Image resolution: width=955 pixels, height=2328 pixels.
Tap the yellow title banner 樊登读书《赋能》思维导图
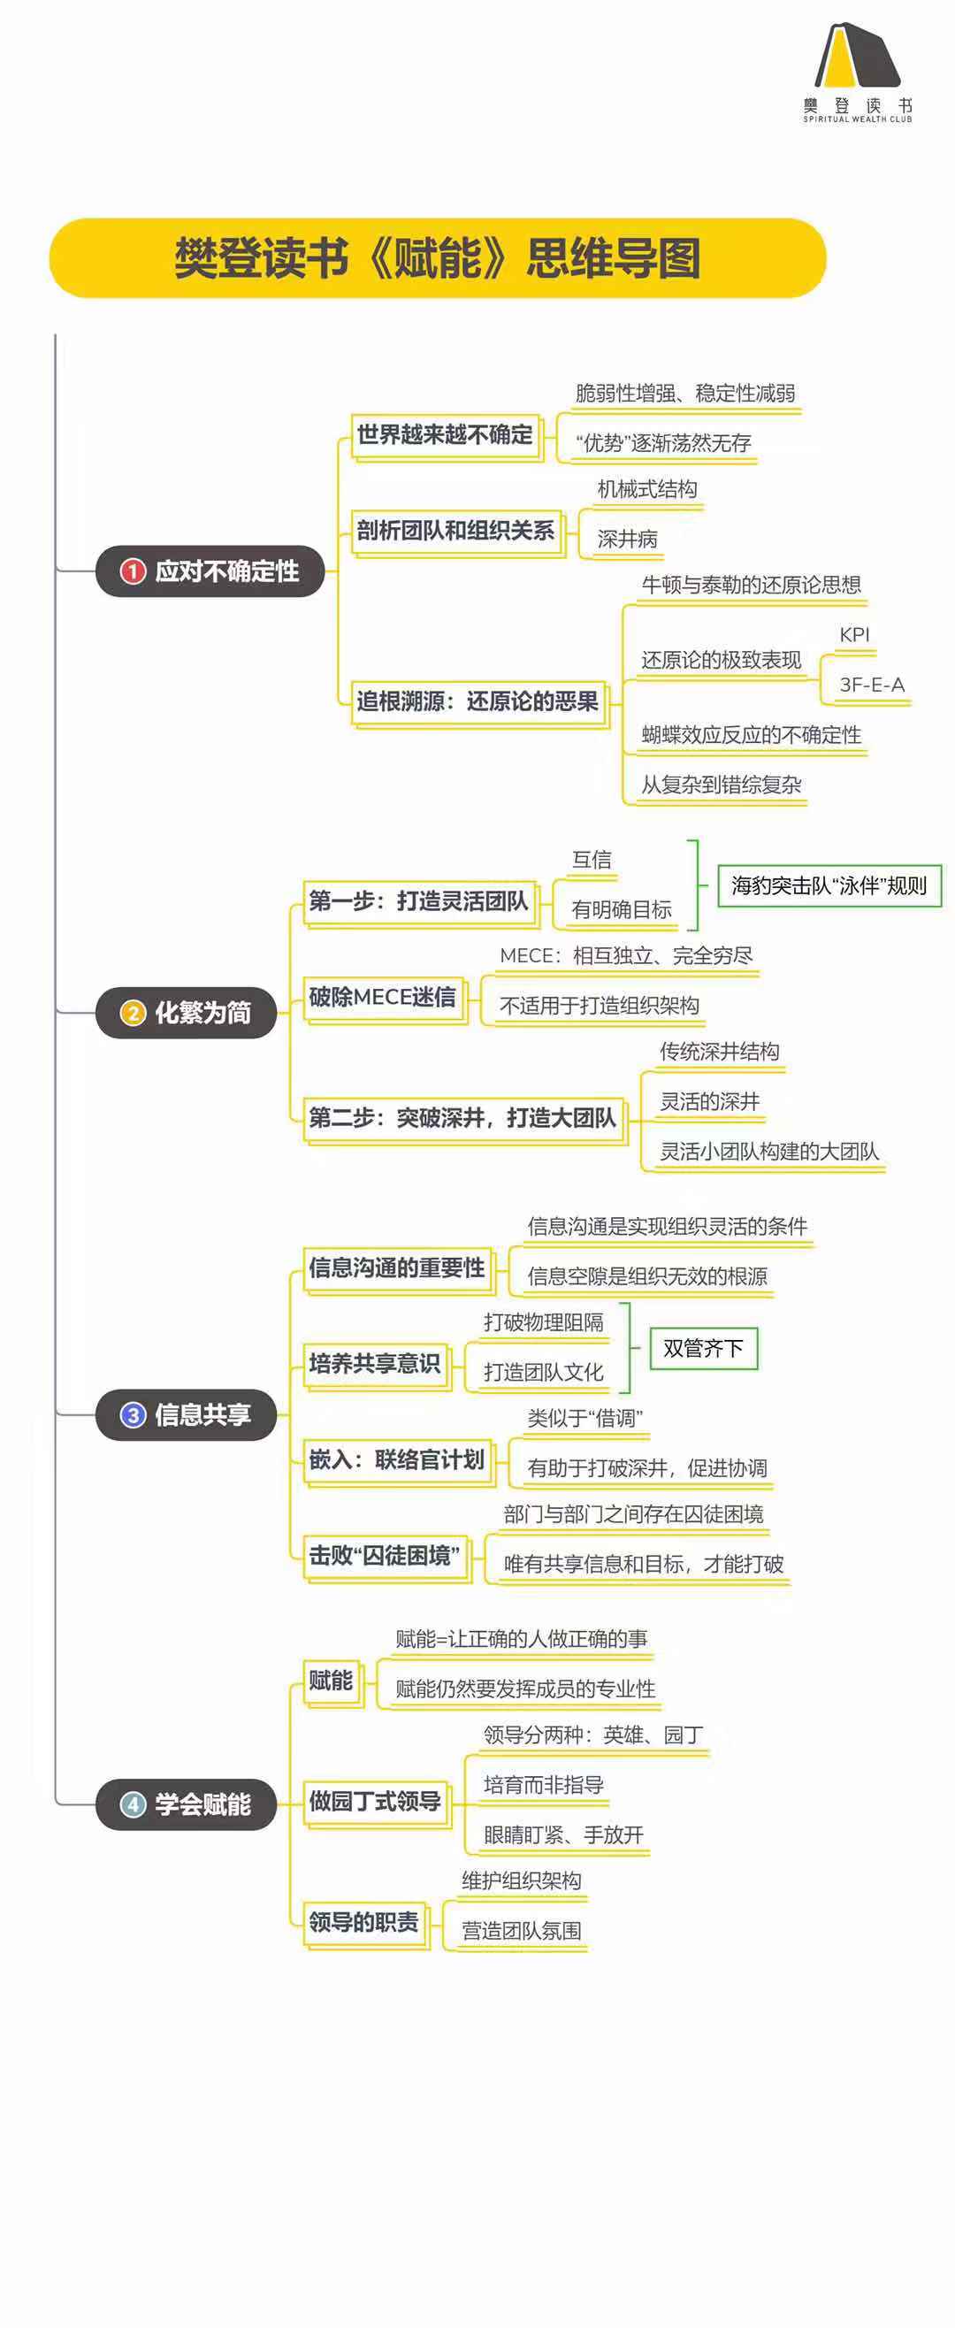point(438,258)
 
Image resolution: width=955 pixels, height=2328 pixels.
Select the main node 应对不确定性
point(210,571)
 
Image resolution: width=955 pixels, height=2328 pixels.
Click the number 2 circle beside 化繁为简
point(133,1013)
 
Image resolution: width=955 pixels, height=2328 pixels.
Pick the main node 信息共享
point(186,1414)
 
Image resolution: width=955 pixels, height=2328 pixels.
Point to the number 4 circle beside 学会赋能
point(133,1804)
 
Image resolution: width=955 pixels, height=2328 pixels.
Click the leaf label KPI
point(854,635)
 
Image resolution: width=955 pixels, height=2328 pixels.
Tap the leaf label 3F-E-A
point(871,685)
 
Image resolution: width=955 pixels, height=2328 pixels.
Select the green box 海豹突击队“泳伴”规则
point(829,885)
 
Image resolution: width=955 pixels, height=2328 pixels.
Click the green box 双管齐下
point(703,1348)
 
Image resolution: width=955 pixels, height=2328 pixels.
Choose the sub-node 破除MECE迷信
point(382,998)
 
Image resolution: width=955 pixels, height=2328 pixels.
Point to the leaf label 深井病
point(627,540)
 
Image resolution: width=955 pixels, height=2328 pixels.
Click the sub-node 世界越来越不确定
point(445,435)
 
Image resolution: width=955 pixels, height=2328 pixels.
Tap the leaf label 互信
point(592,860)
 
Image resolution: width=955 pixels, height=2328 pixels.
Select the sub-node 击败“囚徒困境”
point(385,1555)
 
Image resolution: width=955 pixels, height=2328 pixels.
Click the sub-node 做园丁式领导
point(375,1801)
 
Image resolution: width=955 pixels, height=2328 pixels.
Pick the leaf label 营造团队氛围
point(522,1931)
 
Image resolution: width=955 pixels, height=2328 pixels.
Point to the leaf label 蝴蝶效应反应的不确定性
point(751,735)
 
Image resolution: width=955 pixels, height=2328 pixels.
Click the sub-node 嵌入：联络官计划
point(397,1459)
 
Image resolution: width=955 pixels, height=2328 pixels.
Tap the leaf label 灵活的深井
point(709,1102)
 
